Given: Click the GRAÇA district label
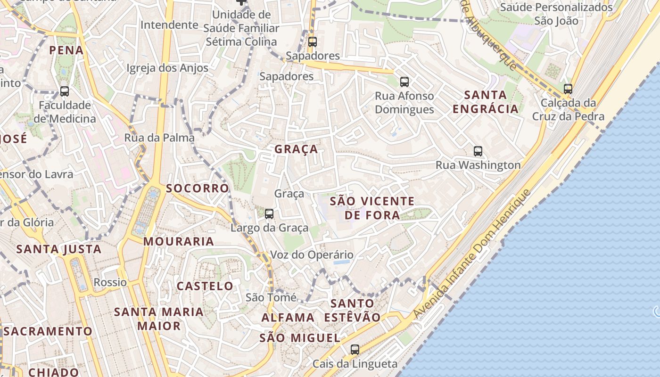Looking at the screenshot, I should tap(296, 149).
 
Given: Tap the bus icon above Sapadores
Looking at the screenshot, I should tap(312, 41).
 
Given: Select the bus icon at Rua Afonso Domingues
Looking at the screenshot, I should tap(404, 82).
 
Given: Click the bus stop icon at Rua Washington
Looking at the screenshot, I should tap(478, 151).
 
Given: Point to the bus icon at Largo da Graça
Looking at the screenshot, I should tap(269, 214).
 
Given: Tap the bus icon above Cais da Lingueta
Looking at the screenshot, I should tap(355, 350).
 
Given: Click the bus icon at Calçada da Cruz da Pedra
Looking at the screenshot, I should tap(568, 89).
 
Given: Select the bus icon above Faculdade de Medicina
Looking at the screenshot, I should tap(65, 91).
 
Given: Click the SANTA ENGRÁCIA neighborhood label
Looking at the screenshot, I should tap(486, 102).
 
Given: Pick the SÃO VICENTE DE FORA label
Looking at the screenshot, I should tap(372, 208).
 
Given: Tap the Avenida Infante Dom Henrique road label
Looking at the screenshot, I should tap(473, 254).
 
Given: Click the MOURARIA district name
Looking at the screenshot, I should tap(179, 242).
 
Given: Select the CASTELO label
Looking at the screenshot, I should tap(205, 286).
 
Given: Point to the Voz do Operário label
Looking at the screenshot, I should tap(312, 255).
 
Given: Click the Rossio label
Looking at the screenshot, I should tap(110, 282).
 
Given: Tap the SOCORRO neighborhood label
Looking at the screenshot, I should tap(197, 188).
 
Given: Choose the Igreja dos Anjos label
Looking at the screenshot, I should tap(167, 68).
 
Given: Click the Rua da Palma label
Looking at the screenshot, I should tap(159, 138).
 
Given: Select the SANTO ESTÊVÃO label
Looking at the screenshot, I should tap(352, 310).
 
